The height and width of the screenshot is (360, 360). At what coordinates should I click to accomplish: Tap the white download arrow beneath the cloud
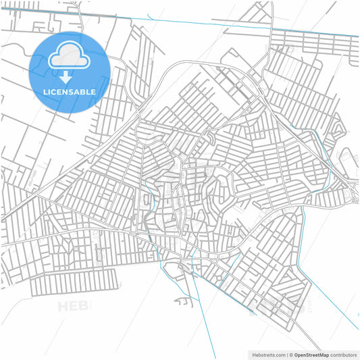click(69, 76)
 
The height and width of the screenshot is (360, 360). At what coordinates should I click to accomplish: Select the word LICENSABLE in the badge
click(69, 92)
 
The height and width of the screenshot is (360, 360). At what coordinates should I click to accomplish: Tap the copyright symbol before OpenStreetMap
click(291, 354)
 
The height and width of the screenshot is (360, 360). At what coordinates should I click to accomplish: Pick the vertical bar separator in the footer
click(286, 354)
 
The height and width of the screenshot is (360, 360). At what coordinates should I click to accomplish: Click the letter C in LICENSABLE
click(56, 92)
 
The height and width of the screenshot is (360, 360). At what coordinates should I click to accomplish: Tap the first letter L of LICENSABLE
click(46, 92)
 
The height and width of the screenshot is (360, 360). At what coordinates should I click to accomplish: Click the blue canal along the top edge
click(203, 22)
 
